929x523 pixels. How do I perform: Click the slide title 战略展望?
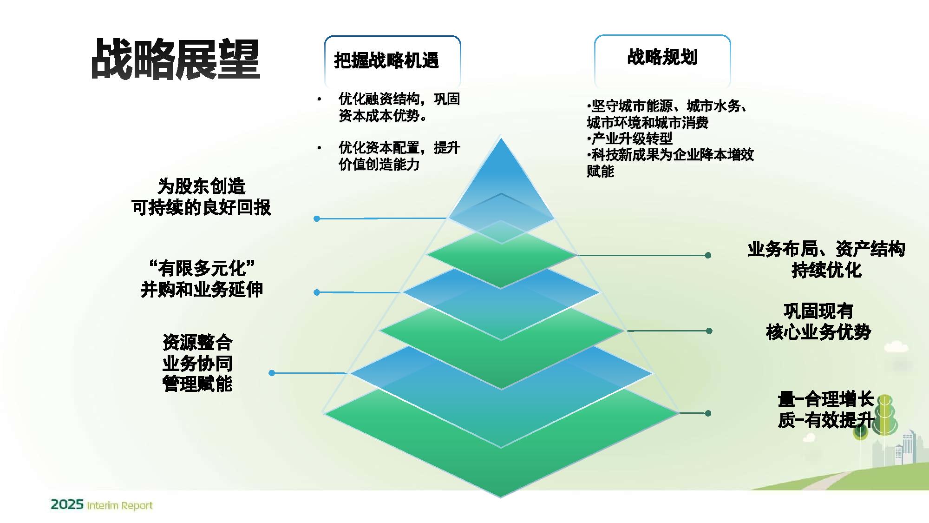[x=176, y=59]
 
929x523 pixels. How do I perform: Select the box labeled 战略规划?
[x=662, y=57]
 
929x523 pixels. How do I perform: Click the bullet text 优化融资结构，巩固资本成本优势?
[x=399, y=107]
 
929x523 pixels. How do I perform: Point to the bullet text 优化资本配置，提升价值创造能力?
[x=399, y=156]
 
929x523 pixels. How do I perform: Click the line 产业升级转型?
[x=631, y=138]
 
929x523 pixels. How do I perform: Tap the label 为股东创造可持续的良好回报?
[x=201, y=197]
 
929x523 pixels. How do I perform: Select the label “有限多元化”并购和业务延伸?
[x=202, y=278]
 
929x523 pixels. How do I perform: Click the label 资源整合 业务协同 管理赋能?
[x=197, y=363]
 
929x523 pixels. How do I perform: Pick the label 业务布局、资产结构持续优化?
[x=826, y=259]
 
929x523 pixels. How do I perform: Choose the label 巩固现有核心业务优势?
[x=818, y=321]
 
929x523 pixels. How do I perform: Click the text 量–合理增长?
[x=826, y=399]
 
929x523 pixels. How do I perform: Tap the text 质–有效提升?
[x=826, y=420]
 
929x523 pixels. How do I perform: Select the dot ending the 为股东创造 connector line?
[x=317, y=218]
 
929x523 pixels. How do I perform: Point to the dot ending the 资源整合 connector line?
[x=272, y=373]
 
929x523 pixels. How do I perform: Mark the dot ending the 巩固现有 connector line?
[x=709, y=331]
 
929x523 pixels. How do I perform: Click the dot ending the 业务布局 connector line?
[x=708, y=255]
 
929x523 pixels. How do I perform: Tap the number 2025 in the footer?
[x=67, y=504]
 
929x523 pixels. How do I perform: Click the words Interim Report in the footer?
[x=120, y=505]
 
